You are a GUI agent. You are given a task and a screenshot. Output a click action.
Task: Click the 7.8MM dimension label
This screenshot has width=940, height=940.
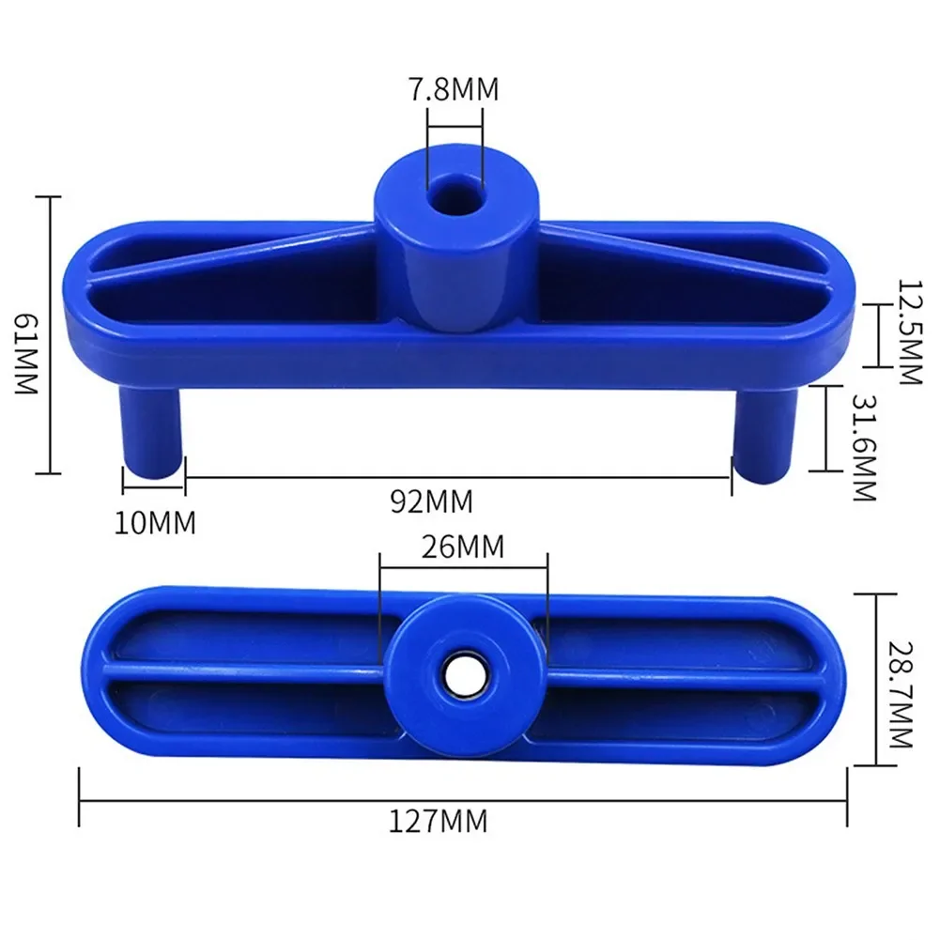(455, 90)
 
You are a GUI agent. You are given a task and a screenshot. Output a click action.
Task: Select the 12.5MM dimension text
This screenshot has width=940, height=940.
(910, 331)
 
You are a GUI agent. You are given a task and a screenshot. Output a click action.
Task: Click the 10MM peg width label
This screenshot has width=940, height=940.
(155, 522)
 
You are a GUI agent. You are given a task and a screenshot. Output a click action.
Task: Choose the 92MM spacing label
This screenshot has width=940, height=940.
(431, 501)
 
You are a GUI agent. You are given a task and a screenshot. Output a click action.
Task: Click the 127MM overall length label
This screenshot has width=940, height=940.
(439, 822)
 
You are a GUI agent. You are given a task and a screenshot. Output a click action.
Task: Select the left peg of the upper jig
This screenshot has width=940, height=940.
(150, 431)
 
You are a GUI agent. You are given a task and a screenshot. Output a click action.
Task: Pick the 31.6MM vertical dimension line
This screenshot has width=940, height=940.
(825, 426)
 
